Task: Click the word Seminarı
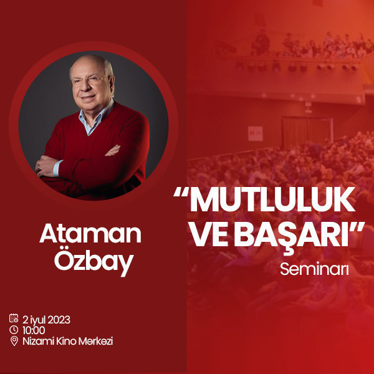click(314, 270)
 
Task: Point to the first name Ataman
click(90, 234)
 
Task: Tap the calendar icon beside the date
click(14, 319)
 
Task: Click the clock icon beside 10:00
click(14, 330)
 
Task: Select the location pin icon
click(14, 341)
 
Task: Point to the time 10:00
click(33, 330)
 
